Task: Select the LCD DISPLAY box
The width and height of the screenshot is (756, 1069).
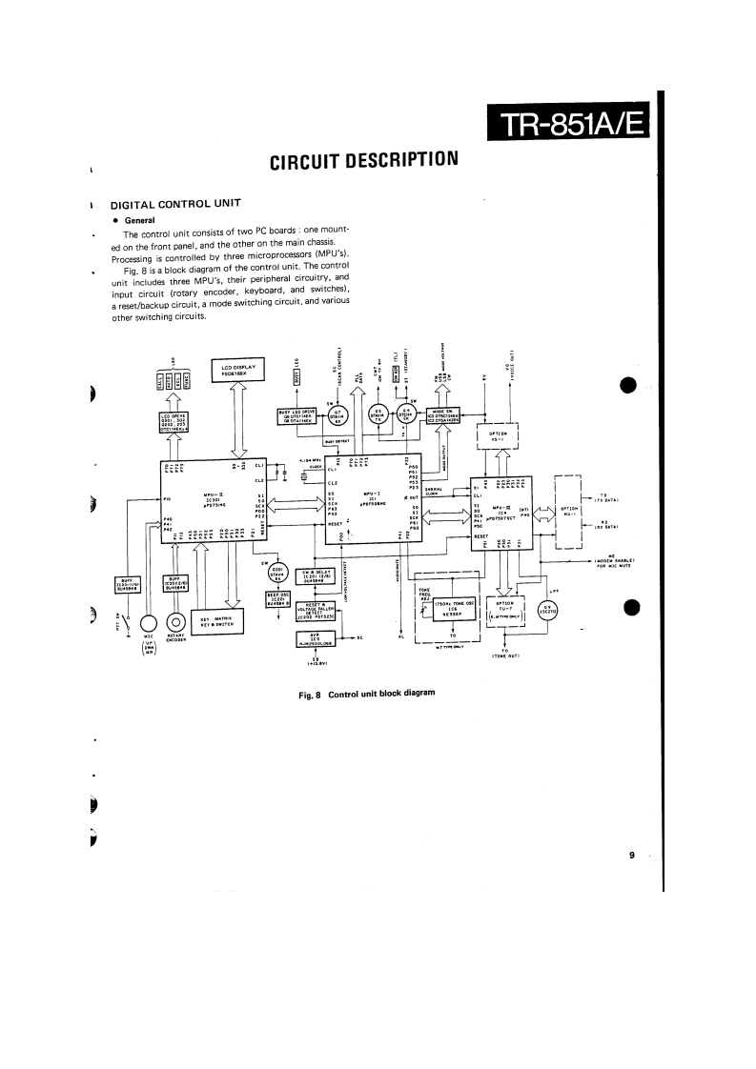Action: click(246, 370)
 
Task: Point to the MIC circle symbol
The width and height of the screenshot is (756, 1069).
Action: click(148, 625)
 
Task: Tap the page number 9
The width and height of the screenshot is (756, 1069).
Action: click(631, 856)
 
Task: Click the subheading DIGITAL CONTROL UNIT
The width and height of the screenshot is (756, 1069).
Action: click(171, 204)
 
